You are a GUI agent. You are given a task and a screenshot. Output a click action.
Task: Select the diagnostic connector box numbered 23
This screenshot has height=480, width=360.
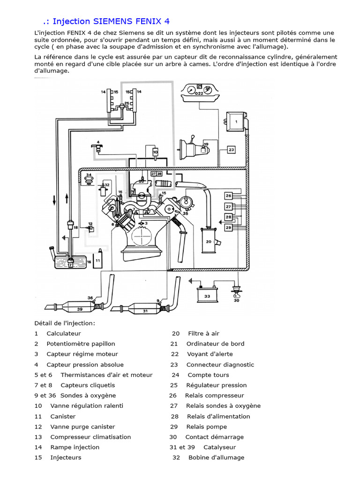(x=232, y=150)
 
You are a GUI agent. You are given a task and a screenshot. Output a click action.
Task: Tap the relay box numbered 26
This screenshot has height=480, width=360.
(x=228, y=195)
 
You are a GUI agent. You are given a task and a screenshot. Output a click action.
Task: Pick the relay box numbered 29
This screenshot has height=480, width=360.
(x=228, y=227)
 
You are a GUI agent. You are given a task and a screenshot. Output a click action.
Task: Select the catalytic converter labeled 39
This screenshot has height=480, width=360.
(x=79, y=308)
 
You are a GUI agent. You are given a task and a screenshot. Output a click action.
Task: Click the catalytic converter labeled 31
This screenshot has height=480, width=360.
(x=145, y=310)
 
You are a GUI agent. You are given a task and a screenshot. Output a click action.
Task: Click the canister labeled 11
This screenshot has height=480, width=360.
(x=98, y=260)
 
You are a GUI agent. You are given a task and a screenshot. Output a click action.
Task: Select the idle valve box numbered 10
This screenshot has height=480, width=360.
(x=155, y=152)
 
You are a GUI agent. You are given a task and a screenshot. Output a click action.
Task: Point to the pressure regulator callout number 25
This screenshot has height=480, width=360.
(x=126, y=104)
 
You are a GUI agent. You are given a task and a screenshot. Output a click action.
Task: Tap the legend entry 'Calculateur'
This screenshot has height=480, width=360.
(x=64, y=333)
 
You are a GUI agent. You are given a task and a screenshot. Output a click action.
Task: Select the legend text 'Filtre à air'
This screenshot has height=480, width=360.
(x=203, y=333)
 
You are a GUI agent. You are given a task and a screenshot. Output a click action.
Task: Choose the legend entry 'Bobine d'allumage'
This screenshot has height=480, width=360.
(x=216, y=457)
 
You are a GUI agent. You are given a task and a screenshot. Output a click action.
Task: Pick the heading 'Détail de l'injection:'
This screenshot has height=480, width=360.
(x=65, y=323)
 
